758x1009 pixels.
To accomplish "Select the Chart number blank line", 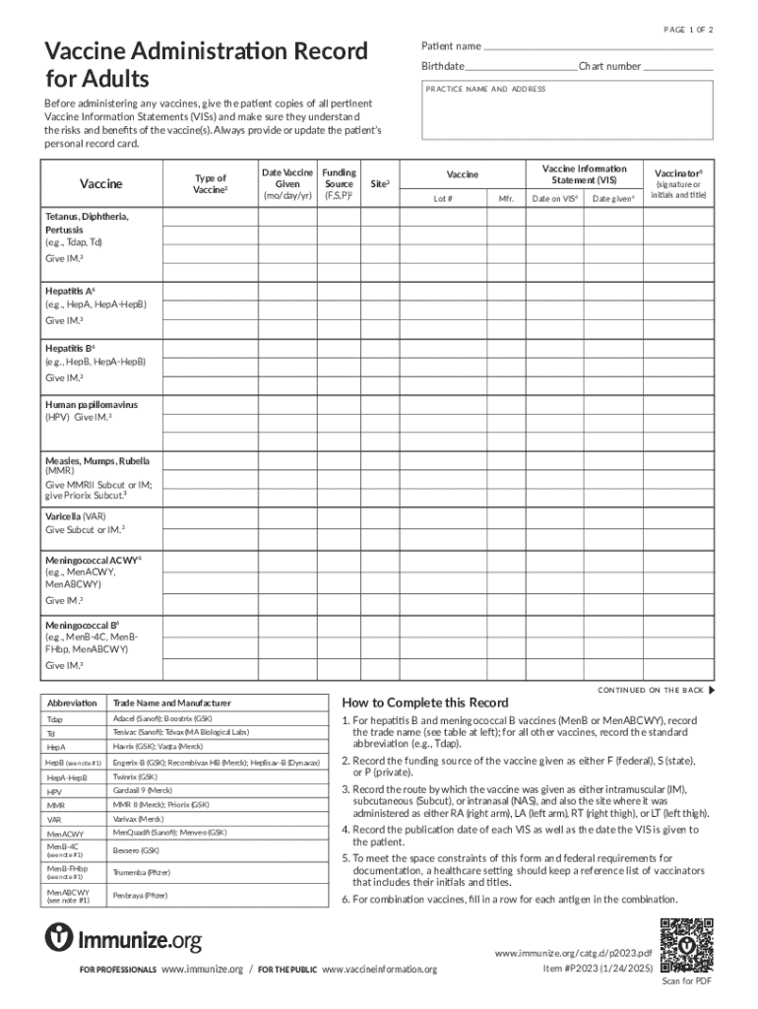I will click(x=678, y=67).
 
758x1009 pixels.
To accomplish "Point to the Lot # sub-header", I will click(x=443, y=199).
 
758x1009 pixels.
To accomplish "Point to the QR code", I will click(x=685, y=944).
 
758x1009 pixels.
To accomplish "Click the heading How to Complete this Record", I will click(x=424, y=703).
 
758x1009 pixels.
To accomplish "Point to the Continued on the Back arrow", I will click(x=712, y=690).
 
